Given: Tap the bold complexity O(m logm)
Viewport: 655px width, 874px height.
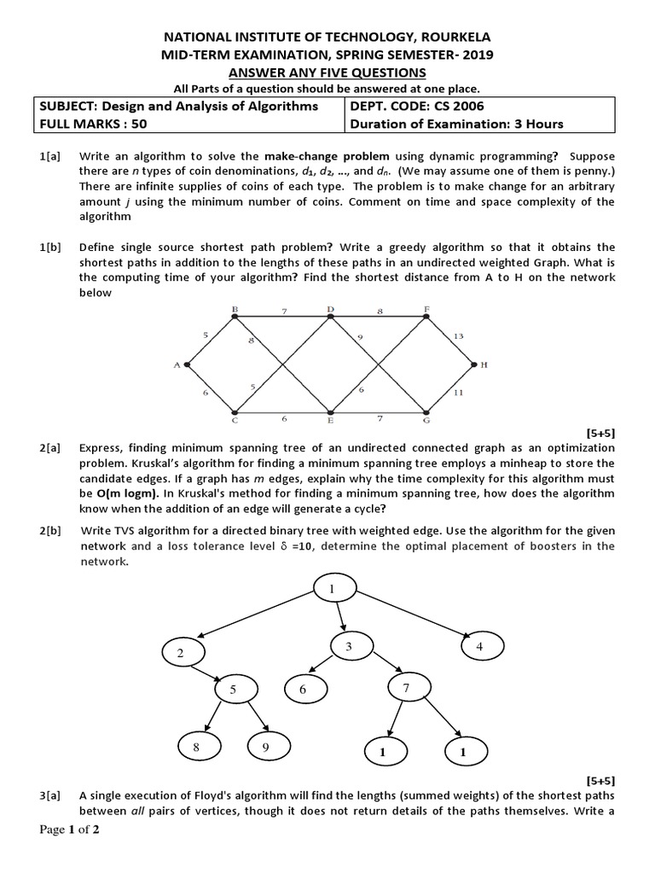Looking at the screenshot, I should click(119, 493).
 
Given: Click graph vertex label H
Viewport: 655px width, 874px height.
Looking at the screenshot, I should click(484, 364).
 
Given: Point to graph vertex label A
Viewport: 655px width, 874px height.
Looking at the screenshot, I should click(177, 364).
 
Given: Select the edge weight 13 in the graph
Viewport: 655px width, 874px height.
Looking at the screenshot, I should click(458, 336).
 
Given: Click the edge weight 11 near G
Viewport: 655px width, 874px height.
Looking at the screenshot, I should click(458, 393).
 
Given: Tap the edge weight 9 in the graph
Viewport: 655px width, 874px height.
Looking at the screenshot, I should click(361, 338).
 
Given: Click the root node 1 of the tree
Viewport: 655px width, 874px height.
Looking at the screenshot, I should click(333, 590).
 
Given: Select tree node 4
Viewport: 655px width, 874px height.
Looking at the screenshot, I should click(479, 647).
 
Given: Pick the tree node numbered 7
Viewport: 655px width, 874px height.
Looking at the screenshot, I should click(407, 687).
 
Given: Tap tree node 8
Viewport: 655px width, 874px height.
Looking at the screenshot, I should click(196, 747).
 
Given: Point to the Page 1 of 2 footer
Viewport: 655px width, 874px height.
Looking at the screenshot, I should click(70, 831).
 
